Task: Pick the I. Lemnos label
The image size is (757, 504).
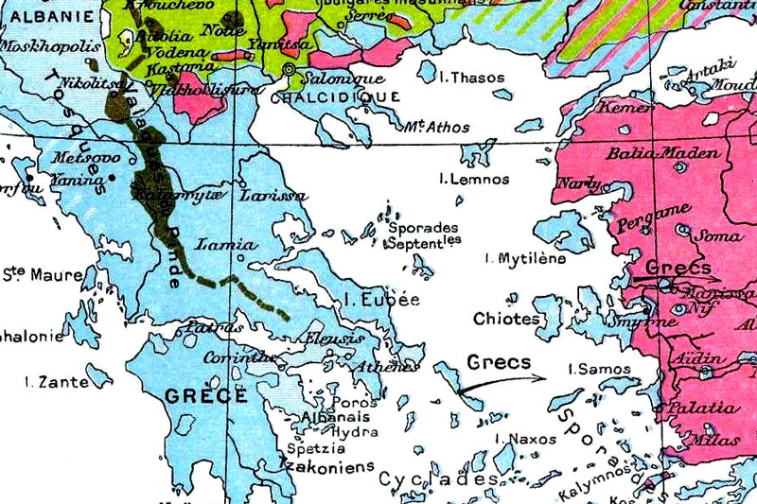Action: (474, 179)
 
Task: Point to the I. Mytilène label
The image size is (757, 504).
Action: (524, 257)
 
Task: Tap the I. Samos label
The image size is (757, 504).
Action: (589, 368)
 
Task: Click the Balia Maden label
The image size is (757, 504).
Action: (650, 153)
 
